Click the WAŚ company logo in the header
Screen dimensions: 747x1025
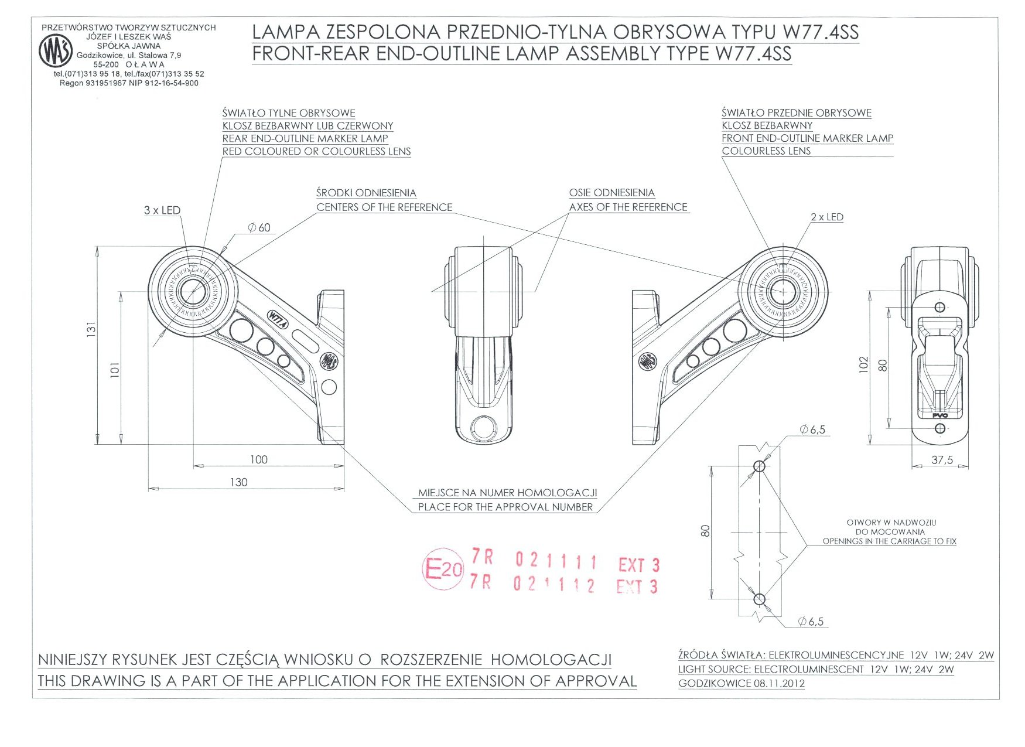(x=56, y=51)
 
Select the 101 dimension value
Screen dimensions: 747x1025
(x=115, y=369)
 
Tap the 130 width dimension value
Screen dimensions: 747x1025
(x=238, y=482)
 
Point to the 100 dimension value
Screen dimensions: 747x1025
(x=258, y=460)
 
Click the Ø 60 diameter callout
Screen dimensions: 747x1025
(x=259, y=227)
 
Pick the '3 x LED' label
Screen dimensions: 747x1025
(x=162, y=210)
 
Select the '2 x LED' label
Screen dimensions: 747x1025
(x=826, y=217)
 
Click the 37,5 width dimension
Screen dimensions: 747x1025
(x=942, y=460)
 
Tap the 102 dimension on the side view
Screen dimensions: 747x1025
(x=864, y=364)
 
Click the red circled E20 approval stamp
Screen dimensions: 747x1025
(x=442, y=568)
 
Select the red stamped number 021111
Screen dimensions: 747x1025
(x=556, y=561)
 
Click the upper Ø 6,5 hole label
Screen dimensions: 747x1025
(x=812, y=430)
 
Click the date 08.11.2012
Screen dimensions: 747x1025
(x=778, y=683)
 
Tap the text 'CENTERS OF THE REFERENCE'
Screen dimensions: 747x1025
(x=384, y=207)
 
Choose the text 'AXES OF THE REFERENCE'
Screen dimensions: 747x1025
(x=628, y=207)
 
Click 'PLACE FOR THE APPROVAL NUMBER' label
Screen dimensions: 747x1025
(x=505, y=507)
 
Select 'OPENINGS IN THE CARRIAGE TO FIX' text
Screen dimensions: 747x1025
(x=889, y=541)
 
